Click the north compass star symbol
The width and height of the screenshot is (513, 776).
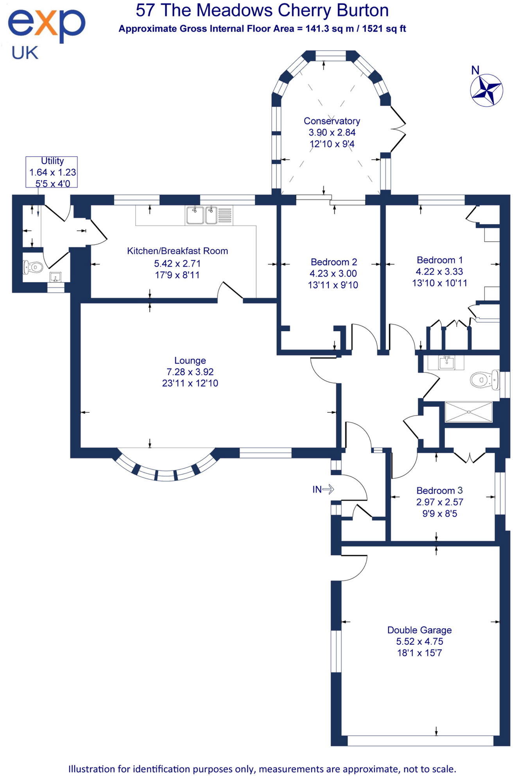pyautogui.click(x=487, y=90)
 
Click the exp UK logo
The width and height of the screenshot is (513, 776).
pyautogui.click(x=46, y=33)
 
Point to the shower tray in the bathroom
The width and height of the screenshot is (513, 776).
pyautogui.click(x=468, y=412)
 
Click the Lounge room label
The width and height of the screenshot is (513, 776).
pyautogui.click(x=190, y=360)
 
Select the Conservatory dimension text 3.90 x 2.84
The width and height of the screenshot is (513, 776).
pyautogui.click(x=332, y=133)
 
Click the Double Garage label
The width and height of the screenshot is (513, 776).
pyautogui.click(x=419, y=630)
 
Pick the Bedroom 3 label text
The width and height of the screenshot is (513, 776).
pyautogui.click(x=439, y=490)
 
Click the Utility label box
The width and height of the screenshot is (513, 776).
pyautogui.click(x=52, y=172)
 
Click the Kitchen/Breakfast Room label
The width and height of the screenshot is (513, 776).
pyautogui.click(x=177, y=251)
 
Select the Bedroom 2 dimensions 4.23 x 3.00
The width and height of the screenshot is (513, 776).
pyautogui.click(x=333, y=273)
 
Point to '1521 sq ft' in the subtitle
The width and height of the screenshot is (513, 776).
pyautogui.click(x=384, y=29)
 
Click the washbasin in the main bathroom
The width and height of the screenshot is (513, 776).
pyautogui.click(x=446, y=362)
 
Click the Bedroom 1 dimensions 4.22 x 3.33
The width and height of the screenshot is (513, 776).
pyautogui.click(x=439, y=271)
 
